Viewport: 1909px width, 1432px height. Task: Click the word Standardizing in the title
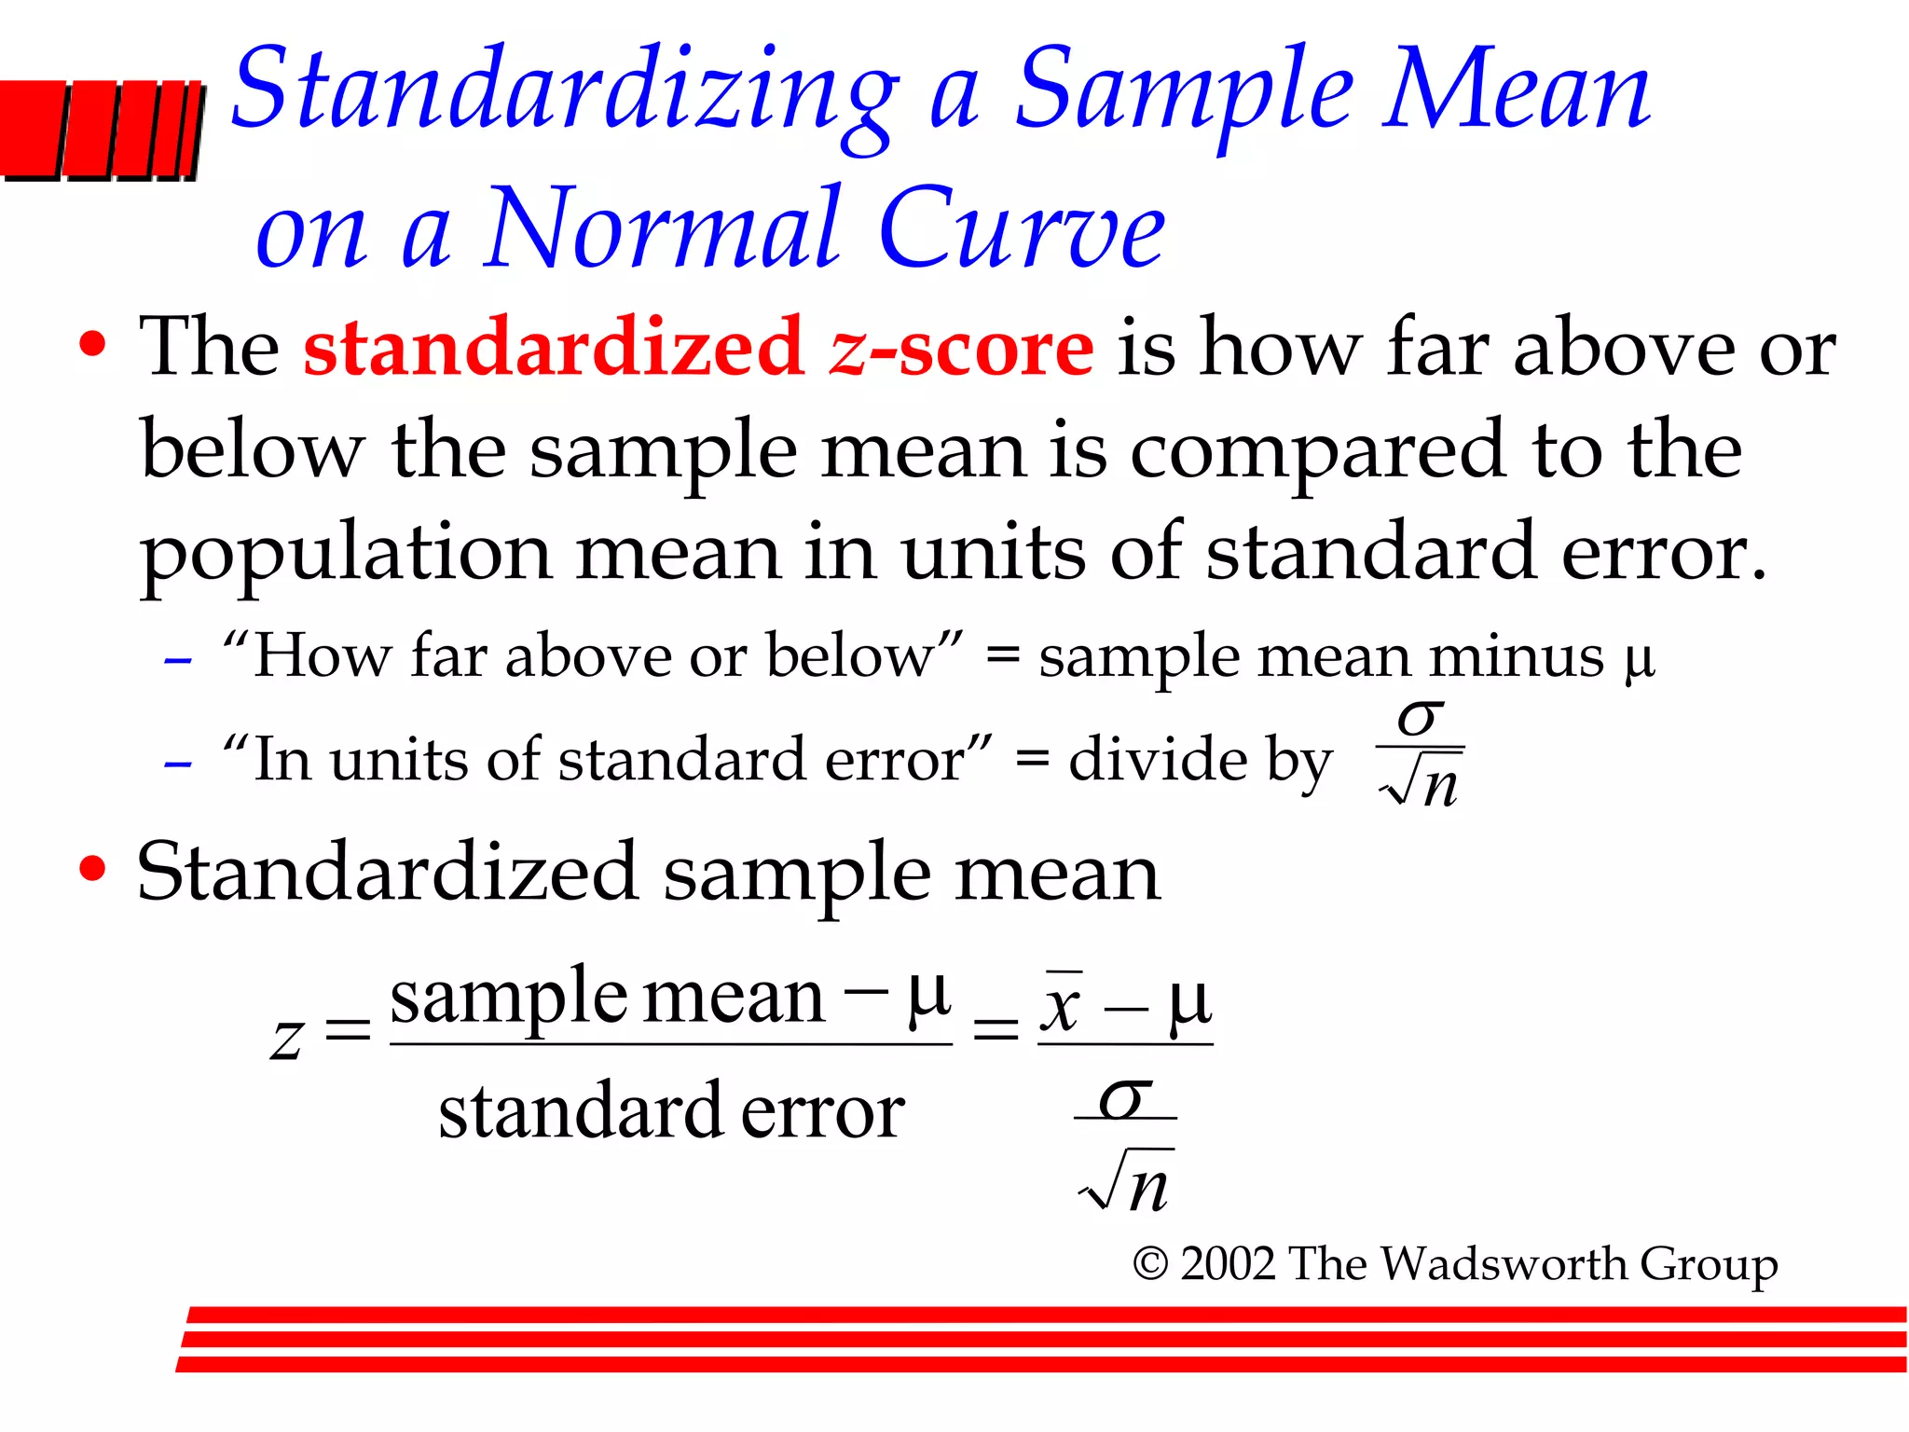[x=564, y=93]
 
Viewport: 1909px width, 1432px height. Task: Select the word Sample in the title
[x=1184, y=93]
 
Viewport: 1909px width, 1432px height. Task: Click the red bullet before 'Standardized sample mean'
[x=92, y=869]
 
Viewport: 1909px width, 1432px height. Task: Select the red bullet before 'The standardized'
[x=92, y=345]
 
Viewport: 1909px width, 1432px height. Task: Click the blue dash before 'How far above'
[x=177, y=661]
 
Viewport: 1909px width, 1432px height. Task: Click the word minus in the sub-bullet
[x=1517, y=656]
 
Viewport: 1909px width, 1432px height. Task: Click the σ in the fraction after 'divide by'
[x=1420, y=719]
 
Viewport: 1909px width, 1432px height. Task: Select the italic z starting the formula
[x=287, y=1038]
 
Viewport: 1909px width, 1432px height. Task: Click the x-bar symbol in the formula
[x=1061, y=1005]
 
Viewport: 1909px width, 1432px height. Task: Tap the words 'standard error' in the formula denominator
[x=671, y=1111]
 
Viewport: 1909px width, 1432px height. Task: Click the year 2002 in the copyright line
[x=1228, y=1264]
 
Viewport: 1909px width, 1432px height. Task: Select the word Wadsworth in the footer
[x=1504, y=1264]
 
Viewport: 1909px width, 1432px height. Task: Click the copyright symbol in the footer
[x=1150, y=1265]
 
